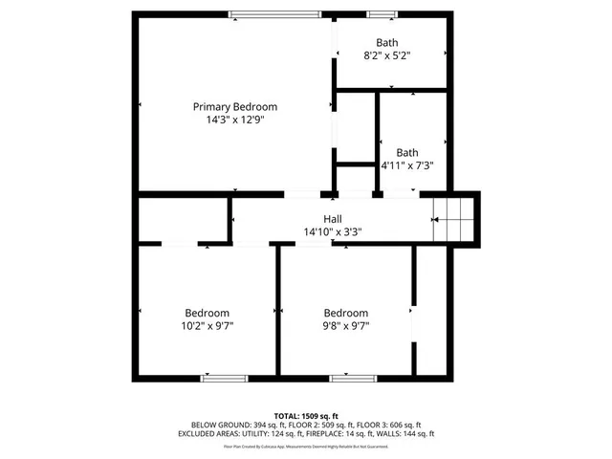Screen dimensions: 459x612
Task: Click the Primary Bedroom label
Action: (234, 106)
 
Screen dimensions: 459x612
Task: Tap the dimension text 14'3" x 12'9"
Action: (234, 120)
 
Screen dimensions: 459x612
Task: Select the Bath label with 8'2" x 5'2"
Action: (386, 42)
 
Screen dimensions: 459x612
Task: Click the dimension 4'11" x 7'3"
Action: (407, 165)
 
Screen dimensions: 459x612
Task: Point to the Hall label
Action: (332, 219)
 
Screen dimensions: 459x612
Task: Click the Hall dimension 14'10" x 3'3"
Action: (332, 232)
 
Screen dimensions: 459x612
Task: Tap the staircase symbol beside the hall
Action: (454, 219)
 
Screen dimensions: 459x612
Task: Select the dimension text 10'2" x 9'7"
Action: (208, 326)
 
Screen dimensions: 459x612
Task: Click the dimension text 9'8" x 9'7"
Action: (345, 326)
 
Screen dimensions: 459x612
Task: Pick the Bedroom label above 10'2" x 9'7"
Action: (208, 313)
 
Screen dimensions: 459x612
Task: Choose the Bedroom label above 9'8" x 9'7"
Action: (345, 313)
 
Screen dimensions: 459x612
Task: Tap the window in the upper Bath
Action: (382, 12)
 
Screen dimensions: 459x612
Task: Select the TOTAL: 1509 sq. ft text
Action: (306, 415)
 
